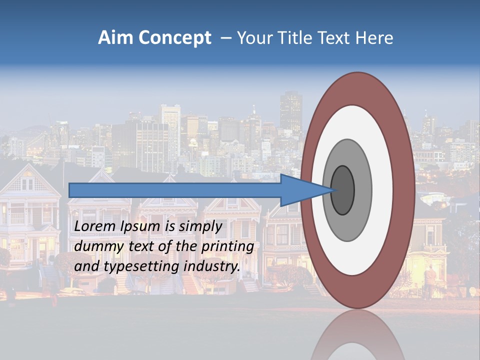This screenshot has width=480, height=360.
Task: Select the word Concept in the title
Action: pyautogui.click(x=175, y=38)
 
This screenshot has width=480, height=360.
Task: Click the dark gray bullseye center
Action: pyautogui.click(x=343, y=190)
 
